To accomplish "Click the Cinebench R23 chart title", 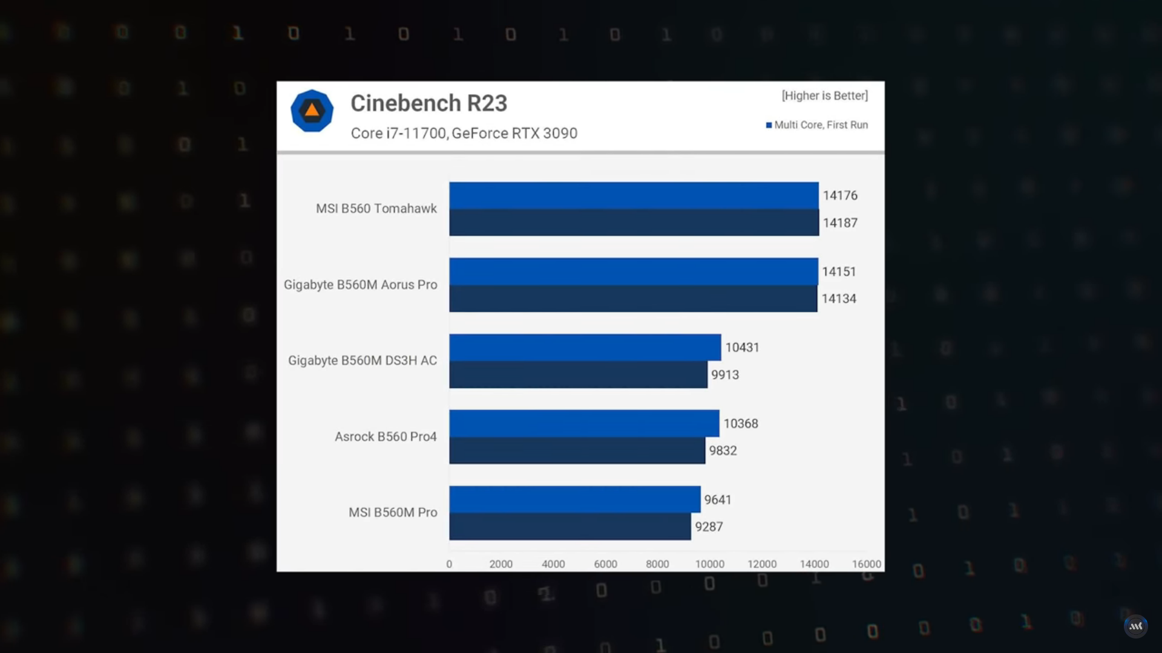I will pos(428,103).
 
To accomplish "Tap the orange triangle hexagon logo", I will pos(312,111).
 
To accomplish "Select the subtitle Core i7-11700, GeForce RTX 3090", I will pos(464,133).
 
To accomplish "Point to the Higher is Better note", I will pos(824,96).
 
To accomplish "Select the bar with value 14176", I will pos(633,195).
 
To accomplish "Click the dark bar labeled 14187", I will pos(633,223).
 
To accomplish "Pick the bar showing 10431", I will pos(585,348).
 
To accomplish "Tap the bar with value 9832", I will pos(577,450).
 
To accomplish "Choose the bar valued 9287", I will pos(570,527).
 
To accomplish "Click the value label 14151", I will pos(839,271).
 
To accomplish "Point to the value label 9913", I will pos(724,375).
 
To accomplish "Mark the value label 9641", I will pos(717,500).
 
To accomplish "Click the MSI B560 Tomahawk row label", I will pos(376,209).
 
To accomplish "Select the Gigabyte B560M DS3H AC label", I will pos(362,360).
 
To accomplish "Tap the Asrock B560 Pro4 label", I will pos(386,437).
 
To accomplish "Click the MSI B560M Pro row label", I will pos(392,513).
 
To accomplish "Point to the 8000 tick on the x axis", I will pos(657,564).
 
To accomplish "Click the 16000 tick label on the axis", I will pos(866,564).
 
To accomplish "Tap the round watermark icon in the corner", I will pos(1135,626).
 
